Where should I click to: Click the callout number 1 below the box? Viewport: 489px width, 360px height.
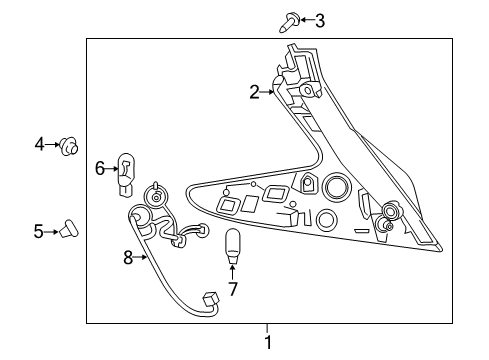[268, 343]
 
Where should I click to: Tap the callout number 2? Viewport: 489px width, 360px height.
[254, 92]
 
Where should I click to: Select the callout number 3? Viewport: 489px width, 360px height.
[320, 21]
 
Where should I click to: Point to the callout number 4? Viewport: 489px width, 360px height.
[39, 144]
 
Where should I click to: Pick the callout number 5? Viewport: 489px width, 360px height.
[38, 231]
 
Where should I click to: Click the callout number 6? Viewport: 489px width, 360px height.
[100, 168]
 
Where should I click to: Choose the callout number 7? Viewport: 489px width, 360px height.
[232, 289]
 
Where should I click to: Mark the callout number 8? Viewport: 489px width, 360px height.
[128, 257]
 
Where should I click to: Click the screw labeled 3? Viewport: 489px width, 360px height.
[289, 22]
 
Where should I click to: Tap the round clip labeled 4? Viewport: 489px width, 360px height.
[69, 147]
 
